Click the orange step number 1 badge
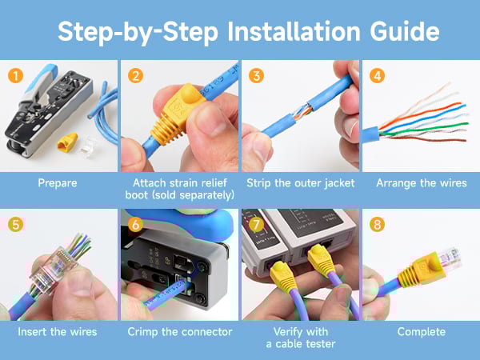[14, 76]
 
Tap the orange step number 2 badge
[135, 76]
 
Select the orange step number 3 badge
[256, 76]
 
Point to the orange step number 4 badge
[377, 76]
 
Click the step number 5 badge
[14, 225]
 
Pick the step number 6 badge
[135, 225]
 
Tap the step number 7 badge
[256, 225]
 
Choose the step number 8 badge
[377, 225]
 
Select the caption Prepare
[58, 183]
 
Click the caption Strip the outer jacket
[300, 183]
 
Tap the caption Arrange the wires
[421, 183]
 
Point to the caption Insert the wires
[58, 331]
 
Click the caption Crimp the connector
[179, 331]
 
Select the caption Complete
[421, 331]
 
